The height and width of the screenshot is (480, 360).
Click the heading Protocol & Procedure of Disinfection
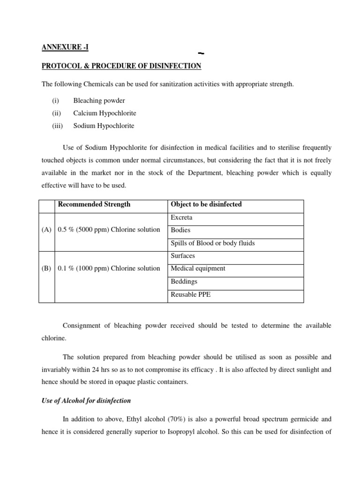[x=121, y=66]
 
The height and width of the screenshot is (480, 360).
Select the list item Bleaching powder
[x=99, y=100]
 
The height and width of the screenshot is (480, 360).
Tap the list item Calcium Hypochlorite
[x=105, y=113]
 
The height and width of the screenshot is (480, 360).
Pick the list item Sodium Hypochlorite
[x=104, y=126]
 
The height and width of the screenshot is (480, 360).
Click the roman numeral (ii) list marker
[x=57, y=113]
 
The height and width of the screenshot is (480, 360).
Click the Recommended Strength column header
[x=94, y=204]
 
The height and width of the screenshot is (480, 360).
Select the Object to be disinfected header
[x=206, y=204]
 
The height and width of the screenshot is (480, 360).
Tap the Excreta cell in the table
[x=182, y=217]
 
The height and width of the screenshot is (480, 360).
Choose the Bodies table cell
[x=180, y=230]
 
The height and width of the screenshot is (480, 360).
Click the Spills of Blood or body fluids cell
[x=213, y=243]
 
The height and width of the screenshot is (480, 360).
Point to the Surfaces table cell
[x=183, y=256]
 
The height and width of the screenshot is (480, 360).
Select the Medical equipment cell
[x=198, y=269]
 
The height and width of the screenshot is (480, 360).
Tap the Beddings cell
[x=184, y=281]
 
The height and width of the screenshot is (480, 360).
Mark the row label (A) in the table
[x=46, y=230]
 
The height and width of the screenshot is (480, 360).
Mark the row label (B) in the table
[x=46, y=269]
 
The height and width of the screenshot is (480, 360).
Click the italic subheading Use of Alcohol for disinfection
[x=86, y=400]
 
